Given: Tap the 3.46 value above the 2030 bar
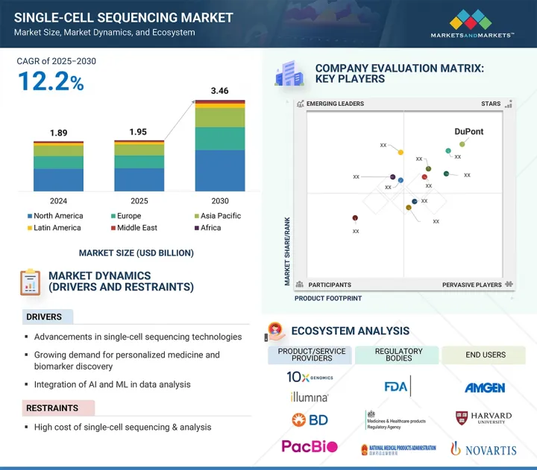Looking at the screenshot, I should click(219, 91).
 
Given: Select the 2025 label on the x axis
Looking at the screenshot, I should click(139, 201).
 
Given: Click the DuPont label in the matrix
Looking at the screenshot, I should click(469, 132).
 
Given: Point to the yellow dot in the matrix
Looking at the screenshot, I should click(401, 153).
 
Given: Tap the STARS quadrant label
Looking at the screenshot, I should click(490, 104).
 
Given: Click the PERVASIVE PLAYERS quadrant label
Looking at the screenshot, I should click(471, 285).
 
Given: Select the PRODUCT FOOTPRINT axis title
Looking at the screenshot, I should click(328, 298).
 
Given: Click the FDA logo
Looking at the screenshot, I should click(397, 387).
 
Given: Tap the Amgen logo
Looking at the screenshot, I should click(485, 387).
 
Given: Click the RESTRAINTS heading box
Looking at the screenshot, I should click(57, 408).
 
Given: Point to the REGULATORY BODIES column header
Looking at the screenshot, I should click(398, 355).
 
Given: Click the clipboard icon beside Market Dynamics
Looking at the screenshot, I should click(30, 282).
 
